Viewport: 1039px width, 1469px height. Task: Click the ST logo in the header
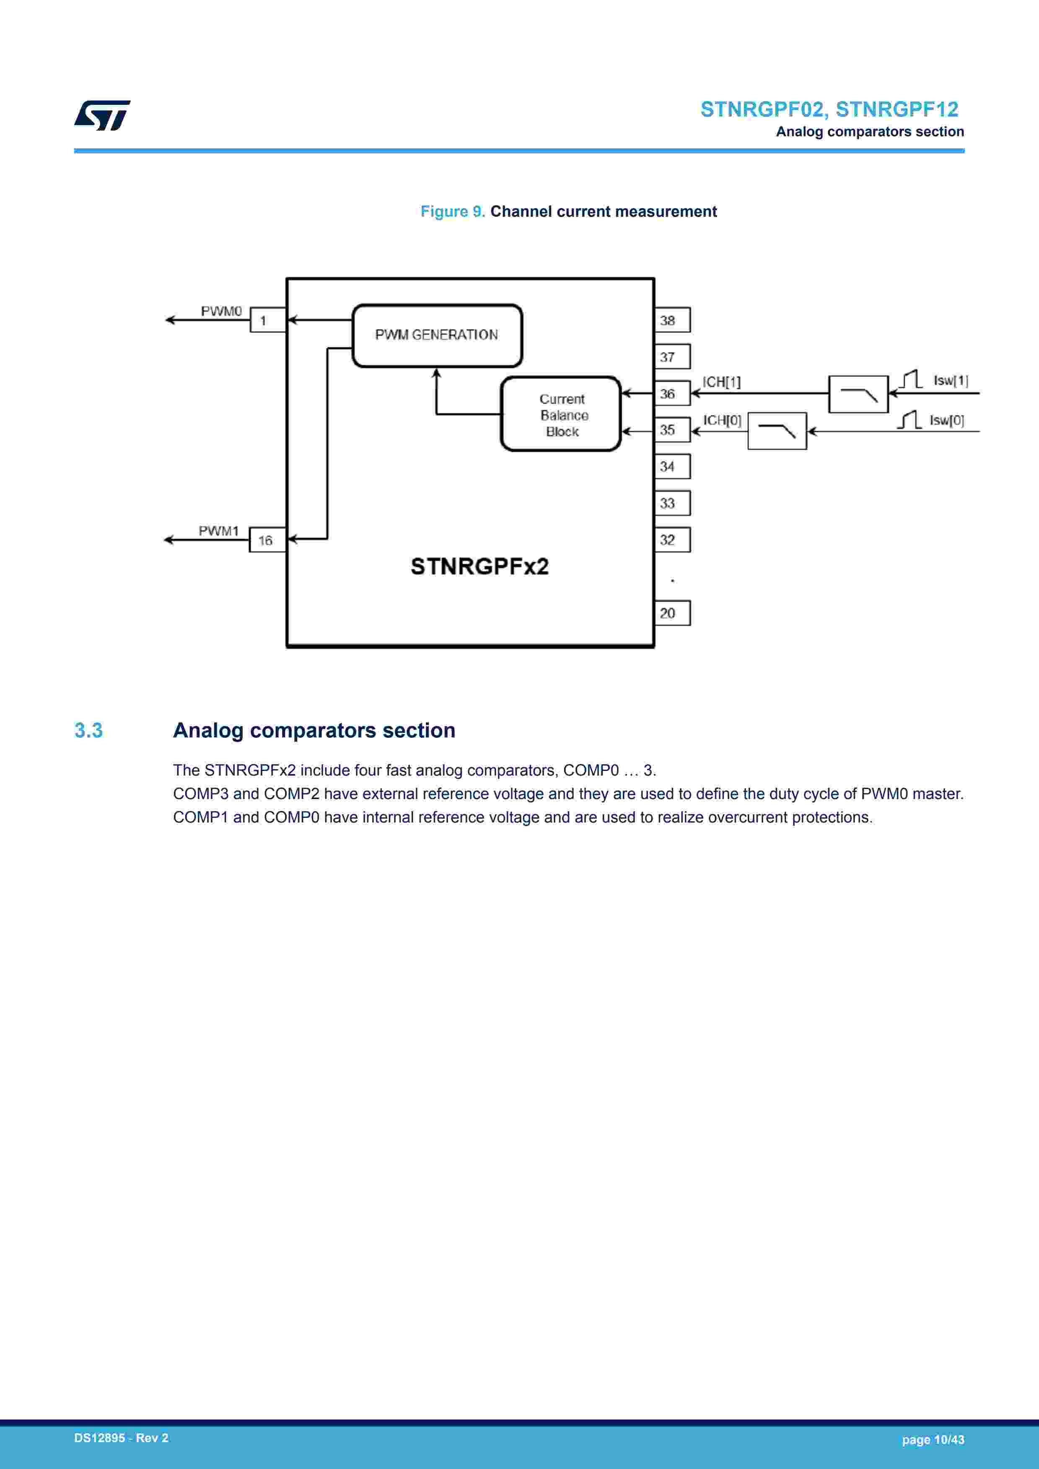point(102,115)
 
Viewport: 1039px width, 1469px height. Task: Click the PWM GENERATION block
point(437,335)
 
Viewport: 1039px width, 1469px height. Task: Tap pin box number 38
point(672,320)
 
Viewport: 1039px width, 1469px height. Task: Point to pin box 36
point(672,394)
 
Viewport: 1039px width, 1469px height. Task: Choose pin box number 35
point(672,430)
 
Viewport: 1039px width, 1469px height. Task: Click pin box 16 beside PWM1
point(267,540)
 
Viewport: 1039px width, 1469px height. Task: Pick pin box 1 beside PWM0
point(267,320)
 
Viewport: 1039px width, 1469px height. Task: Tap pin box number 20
point(672,613)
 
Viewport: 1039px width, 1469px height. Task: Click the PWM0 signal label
point(221,311)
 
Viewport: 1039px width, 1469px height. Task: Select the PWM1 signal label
point(219,531)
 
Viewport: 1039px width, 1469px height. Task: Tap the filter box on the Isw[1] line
point(858,394)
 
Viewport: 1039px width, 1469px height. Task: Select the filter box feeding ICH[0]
point(777,431)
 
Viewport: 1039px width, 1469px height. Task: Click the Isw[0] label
point(946,420)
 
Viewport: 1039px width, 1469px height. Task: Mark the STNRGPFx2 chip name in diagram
point(479,566)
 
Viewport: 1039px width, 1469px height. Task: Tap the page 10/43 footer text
point(932,1440)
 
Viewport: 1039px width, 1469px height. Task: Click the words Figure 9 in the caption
point(452,212)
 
